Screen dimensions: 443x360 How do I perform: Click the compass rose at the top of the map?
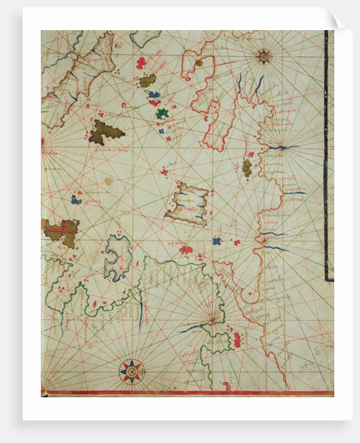pyautogui.click(x=264, y=56)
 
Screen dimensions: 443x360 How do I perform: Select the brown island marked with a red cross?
pyautogui.click(x=62, y=231)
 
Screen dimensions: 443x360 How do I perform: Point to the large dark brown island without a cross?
pyautogui.click(x=104, y=132)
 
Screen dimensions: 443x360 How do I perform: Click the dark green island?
pyautogui.click(x=162, y=113)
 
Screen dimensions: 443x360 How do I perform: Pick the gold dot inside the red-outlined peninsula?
pyautogui.click(x=199, y=63)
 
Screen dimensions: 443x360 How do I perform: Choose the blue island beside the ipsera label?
pyautogui.click(x=76, y=199)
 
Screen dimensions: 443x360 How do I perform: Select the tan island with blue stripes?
pyautogui.click(x=187, y=204)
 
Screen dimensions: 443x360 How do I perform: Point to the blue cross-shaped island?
pyautogui.click(x=217, y=241)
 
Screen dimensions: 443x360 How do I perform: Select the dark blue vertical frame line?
pyautogui.click(x=327, y=156)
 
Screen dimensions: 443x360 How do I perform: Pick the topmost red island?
pyautogui.click(x=141, y=63)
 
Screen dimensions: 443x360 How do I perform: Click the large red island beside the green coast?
pyautogui.click(x=237, y=340)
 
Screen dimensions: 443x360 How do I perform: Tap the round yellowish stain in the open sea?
pyautogui.click(x=108, y=181)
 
